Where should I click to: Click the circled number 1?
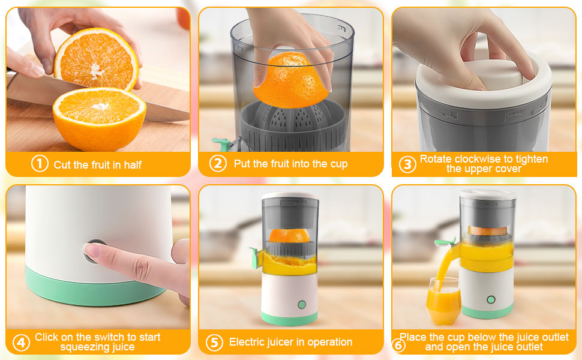pyautogui.click(x=40, y=164)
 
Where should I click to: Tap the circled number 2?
pyautogui.click(x=218, y=163)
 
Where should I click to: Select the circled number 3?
pyautogui.click(x=407, y=164)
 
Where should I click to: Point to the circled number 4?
pyautogui.click(x=21, y=343)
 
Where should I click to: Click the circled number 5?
pyautogui.click(x=214, y=343)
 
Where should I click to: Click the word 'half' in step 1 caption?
pyautogui.click(x=133, y=164)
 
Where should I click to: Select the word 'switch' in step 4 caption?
pyautogui.click(x=107, y=337)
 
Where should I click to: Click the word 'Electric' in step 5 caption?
pyautogui.click(x=248, y=342)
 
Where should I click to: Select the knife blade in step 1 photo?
pyautogui.click(x=36, y=90)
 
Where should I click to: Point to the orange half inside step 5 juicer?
pyautogui.click(x=290, y=235)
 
